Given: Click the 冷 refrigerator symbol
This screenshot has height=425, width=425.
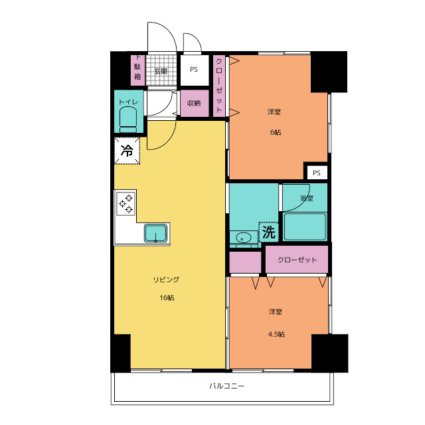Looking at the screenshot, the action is [127, 151].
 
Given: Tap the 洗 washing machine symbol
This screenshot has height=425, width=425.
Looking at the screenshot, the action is [268, 232].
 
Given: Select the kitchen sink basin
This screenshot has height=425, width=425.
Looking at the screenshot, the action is [155, 233].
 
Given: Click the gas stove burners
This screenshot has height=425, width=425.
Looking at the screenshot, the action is [126, 204].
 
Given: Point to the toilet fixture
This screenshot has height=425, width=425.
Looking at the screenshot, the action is [128, 120].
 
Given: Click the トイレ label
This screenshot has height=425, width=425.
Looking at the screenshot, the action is [128, 102].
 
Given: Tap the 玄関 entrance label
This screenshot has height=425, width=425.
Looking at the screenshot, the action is [161, 71].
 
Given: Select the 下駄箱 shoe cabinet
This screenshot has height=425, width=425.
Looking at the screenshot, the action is [137, 70].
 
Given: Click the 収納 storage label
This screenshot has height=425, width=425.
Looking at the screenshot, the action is [194, 103].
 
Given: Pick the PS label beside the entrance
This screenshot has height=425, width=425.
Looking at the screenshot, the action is [194, 69].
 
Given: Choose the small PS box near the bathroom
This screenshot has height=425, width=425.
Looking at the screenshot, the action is [317, 173].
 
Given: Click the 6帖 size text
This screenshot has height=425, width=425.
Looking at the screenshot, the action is [276, 132].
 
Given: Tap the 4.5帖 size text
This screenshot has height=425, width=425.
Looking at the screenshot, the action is [276, 334].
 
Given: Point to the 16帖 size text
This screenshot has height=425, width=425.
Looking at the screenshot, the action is [167, 297].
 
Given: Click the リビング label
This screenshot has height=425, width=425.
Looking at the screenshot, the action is [167, 280].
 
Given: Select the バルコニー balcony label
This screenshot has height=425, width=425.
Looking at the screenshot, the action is [227, 386].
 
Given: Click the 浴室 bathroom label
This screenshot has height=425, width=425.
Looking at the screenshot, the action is [307, 198].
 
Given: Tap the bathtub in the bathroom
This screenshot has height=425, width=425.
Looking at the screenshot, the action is [305, 227].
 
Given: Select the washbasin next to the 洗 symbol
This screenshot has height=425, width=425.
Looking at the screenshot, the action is [242, 238].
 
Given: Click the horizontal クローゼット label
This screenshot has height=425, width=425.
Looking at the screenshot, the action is [297, 260].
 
